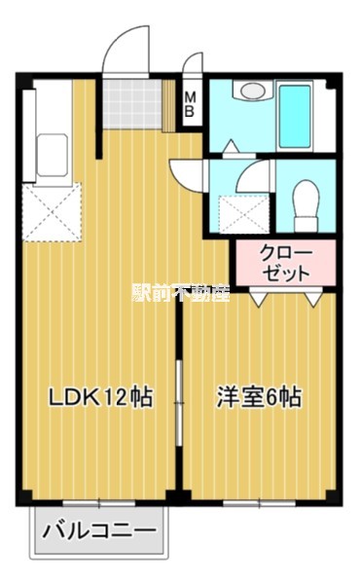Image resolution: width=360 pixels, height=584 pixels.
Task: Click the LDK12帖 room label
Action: [101, 397]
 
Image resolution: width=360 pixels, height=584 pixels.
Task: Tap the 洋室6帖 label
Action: [258, 397]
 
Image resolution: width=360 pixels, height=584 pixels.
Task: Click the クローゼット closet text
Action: [286, 263]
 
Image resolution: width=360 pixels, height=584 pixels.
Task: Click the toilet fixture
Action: [306, 200]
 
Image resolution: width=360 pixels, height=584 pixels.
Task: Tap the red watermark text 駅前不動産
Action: [180, 292]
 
